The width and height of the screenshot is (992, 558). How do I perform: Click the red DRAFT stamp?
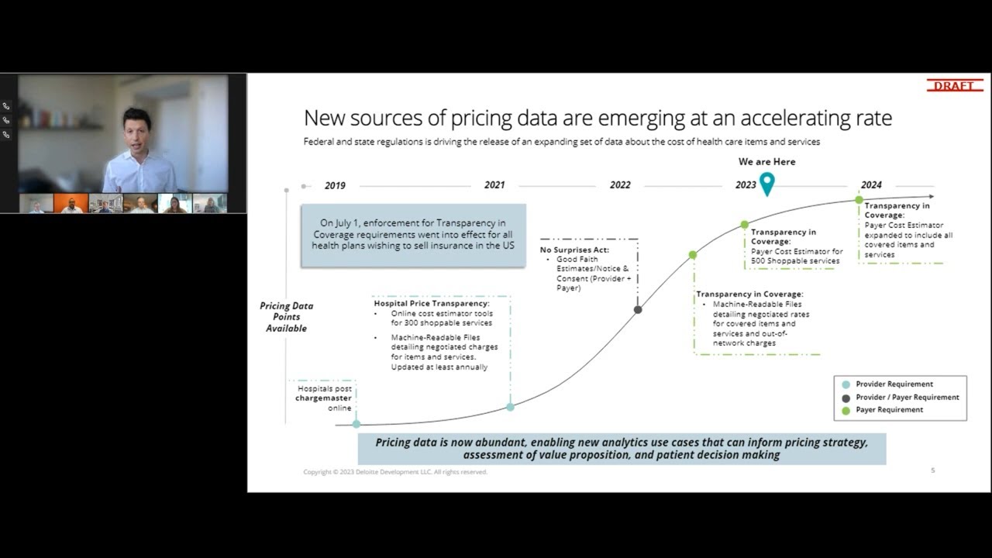(x=954, y=85)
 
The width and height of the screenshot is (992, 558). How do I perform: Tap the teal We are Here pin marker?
(x=766, y=183)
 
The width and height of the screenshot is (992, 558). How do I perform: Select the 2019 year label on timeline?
(x=335, y=186)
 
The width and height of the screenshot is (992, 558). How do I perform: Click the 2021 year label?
(x=494, y=185)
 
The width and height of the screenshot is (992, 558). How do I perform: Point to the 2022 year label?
(x=620, y=185)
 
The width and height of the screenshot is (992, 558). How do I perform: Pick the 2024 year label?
(x=871, y=185)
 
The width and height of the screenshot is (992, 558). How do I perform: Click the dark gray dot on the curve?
(x=638, y=309)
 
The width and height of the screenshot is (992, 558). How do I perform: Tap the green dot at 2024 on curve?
(x=859, y=200)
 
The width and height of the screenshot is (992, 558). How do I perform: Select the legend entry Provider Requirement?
(x=894, y=384)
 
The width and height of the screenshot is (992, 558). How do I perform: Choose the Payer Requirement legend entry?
(x=889, y=410)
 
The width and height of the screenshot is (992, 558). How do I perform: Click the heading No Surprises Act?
(x=574, y=250)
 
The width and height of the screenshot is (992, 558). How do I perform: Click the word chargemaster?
(x=323, y=398)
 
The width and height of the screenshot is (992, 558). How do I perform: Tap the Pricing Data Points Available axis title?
(x=286, y=317)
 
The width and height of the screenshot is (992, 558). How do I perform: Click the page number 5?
(x=932, y=470)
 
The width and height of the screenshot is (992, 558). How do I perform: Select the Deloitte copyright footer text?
(x=395, y=472)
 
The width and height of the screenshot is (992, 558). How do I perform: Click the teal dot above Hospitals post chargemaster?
(x=356, y=424)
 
